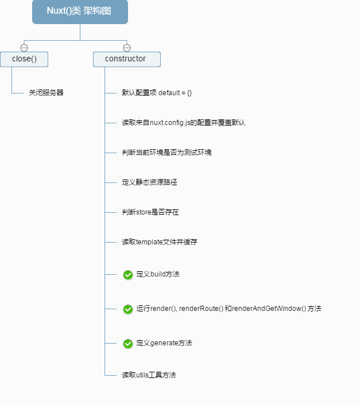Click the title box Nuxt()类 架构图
(80, 11)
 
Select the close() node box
(24, 59)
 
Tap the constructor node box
(126, 59)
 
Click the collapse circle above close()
(24, 48)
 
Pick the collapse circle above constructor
(127, 48)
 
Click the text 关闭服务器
(47, 93)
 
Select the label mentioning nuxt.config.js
(183, 123)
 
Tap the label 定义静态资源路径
(149, 182)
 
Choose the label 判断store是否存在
(150, 212)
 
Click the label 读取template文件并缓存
(159, 242)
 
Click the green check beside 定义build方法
(128, 275)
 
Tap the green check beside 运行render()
(128, 309)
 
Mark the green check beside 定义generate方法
(128, 344)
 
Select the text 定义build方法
(158, 275)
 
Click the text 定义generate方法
(164, 344)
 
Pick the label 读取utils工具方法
(149, 375)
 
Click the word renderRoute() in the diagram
(202, 309)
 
